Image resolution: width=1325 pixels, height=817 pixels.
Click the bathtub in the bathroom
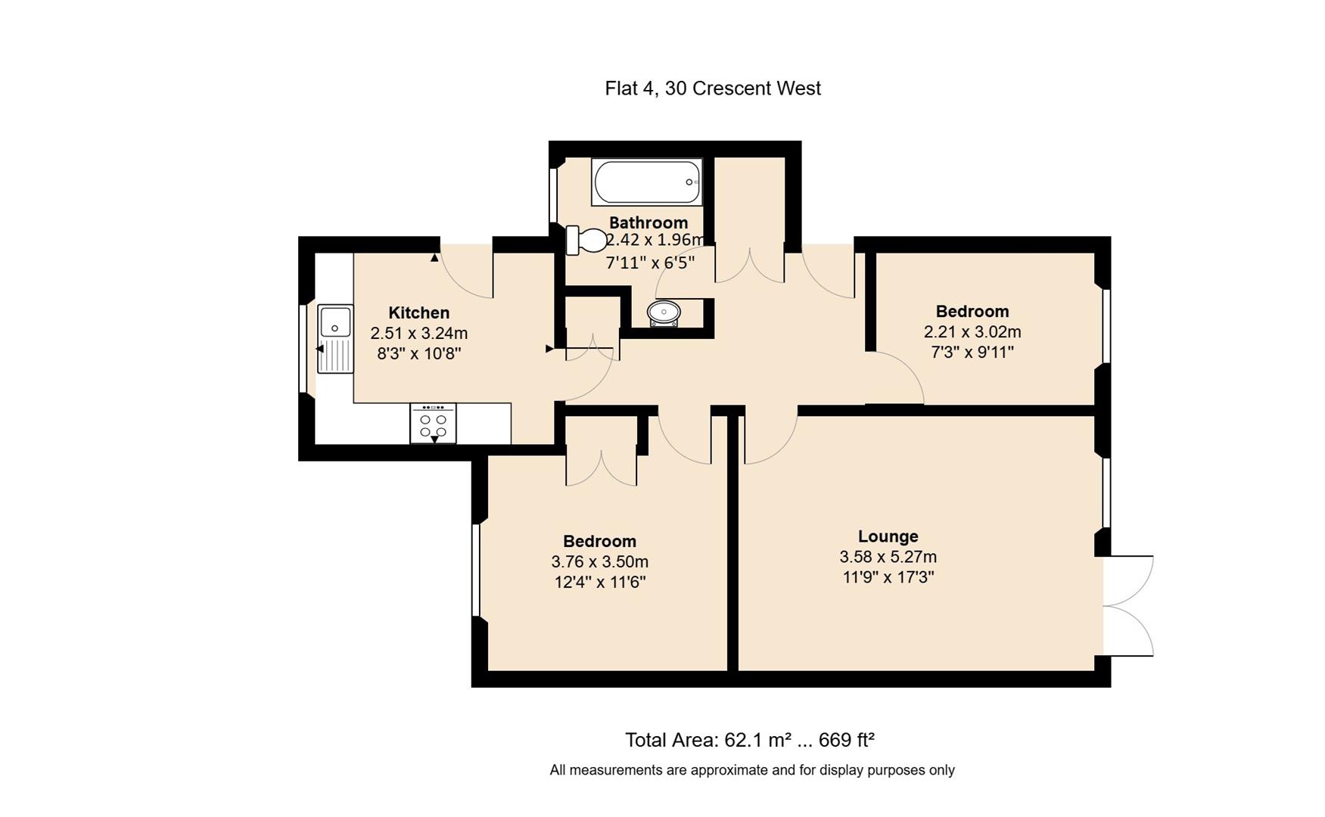646,182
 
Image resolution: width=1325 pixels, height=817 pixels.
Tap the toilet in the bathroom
587,241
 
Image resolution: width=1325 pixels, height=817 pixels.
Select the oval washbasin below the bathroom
664,312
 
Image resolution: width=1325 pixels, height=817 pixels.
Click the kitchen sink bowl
334,321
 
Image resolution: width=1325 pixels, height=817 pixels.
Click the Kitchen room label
418,312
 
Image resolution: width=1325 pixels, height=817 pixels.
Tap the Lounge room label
888,536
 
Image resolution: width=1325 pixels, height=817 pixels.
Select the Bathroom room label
648,222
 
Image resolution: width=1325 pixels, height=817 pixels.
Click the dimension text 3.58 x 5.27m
888,557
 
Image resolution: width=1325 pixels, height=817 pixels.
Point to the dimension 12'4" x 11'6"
599,582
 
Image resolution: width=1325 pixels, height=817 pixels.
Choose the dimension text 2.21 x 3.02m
972,331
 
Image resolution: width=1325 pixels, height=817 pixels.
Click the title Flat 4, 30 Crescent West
712,89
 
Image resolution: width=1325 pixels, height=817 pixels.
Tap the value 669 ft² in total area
846,740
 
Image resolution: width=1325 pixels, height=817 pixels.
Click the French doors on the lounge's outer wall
1127,606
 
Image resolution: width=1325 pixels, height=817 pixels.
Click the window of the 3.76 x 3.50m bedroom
476,570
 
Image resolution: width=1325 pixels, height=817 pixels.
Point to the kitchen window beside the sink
303,349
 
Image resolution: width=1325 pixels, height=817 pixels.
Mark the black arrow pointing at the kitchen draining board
319,349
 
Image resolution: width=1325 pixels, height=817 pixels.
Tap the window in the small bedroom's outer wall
1106,326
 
